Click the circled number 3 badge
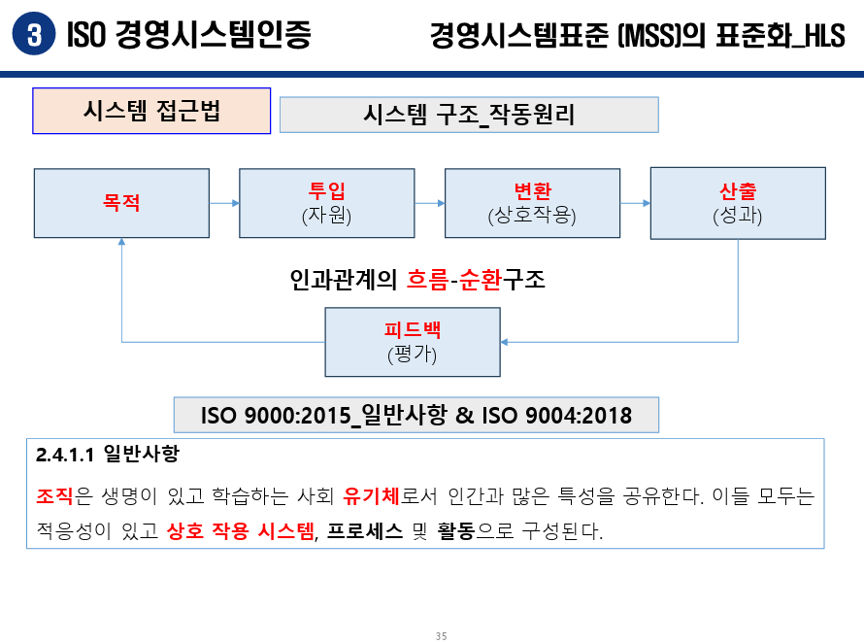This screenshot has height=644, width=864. pos(32,36)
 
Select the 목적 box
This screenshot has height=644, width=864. pos(121,203)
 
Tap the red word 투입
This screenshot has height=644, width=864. pos(326,190)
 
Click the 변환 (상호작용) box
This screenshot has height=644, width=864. pos(532,203)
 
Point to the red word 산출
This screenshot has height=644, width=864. pos(737,190)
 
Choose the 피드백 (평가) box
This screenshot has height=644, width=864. pos(412,342)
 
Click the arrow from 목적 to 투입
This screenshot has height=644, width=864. pos(224,203)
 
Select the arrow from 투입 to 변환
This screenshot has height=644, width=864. pos(430,203)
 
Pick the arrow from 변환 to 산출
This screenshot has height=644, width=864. pos(635,203)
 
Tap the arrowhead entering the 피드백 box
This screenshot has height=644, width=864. pos(506,342)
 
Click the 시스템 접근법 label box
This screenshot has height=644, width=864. pos(151,112)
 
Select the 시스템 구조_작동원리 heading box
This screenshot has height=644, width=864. pos(469,115)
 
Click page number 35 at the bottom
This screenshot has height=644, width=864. pos(441,636)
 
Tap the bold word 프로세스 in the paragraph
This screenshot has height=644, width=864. pos(365,532)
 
